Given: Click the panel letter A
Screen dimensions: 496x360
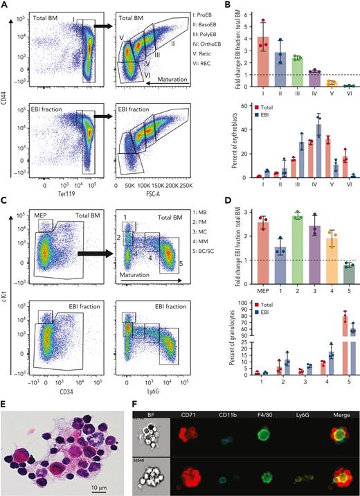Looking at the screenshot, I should [5, 5].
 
